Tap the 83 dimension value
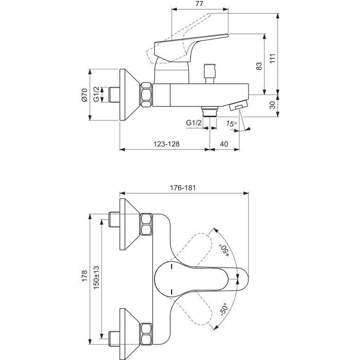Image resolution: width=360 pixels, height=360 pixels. [259, 66]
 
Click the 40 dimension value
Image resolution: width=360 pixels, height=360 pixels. [224, 145]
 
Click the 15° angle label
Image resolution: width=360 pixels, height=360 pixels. [231, 123]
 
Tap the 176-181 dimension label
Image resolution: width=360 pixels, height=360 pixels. [184, 189]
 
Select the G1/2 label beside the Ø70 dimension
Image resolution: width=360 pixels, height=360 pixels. [97, 96]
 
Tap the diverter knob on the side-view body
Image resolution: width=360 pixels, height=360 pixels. [209, 72]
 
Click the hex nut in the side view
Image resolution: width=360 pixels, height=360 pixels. [146, 96]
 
